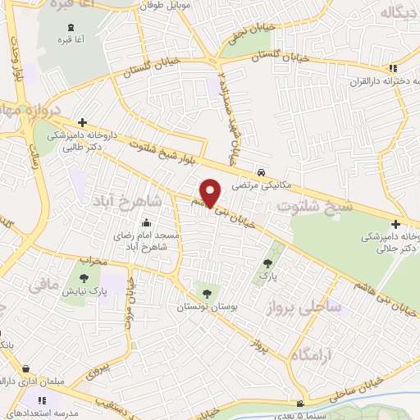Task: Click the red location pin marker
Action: (212, 193)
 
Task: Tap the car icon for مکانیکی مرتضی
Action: (260, 173)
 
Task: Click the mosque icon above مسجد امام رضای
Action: (145, 221)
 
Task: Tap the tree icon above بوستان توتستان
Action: (204, 293)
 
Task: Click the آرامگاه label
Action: (310, 349)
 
